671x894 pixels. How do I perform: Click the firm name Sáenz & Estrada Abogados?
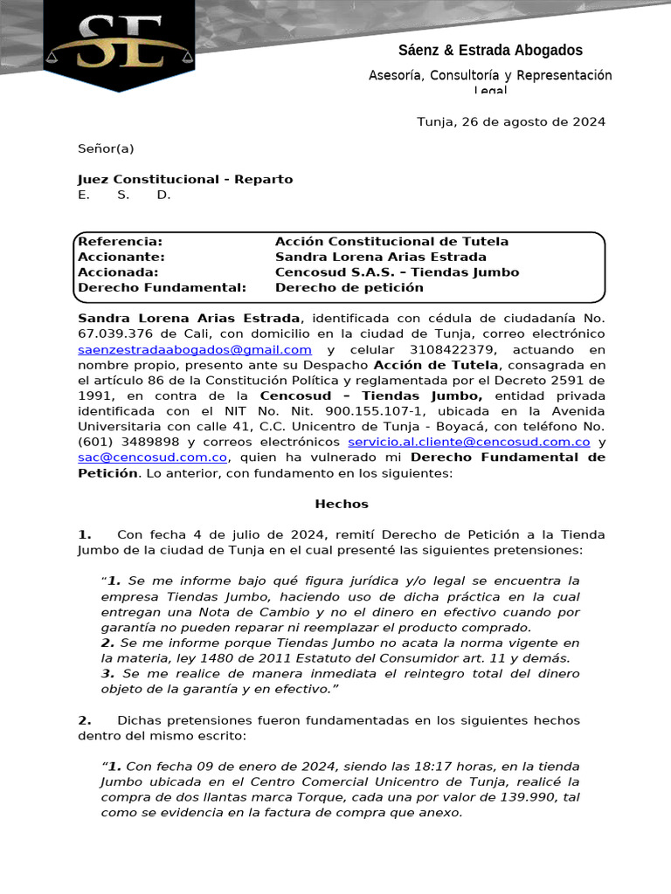pos(490,51)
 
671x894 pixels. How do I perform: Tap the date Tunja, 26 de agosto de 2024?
pos(510,121)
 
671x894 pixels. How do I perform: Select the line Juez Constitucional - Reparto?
pos(185,179)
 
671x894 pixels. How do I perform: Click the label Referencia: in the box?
pos(120,241)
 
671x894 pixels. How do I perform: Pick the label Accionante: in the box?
pos(121,257)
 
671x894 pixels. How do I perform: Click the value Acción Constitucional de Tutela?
pos(391,241)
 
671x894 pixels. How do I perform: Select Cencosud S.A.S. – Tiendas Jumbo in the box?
pos(397,272)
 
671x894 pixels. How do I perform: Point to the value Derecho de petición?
pos(349,287)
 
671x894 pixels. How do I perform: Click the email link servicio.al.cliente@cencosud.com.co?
pos(463,442)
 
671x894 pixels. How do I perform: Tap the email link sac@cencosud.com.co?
pos(153,457)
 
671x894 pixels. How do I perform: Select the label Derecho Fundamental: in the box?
pos(162,287)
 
